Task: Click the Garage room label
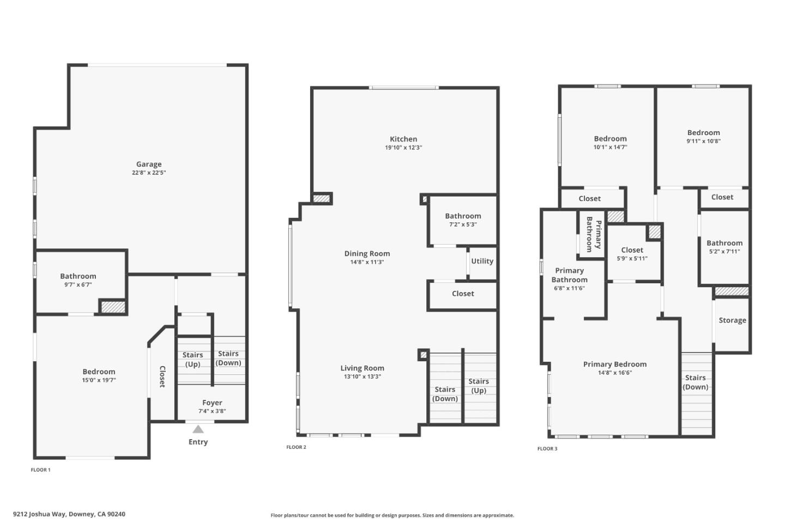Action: (149, 164)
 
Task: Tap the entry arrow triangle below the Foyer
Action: (198, 429)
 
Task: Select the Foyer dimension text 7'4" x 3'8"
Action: (212, 411)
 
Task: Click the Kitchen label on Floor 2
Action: (403, 139)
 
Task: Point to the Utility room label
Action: (482, 261)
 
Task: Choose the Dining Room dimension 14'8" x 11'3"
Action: (367, 262)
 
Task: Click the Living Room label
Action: (363, 368)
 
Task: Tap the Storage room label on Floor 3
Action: (732, 320)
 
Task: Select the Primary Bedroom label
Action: (615, 364)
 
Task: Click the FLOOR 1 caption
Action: (40, 470)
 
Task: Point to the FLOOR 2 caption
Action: (297, 447)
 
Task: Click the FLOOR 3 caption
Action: (547, 449)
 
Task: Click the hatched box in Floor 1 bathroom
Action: (113, 307)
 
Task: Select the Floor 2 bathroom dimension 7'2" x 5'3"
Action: (463, 224)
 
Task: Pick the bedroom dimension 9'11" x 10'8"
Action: (703, 141)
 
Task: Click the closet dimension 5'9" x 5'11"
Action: (632, 259)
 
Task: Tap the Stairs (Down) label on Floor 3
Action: (695, 382)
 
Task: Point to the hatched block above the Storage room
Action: (732, 291)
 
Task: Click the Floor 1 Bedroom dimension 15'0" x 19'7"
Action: (99, 380)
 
